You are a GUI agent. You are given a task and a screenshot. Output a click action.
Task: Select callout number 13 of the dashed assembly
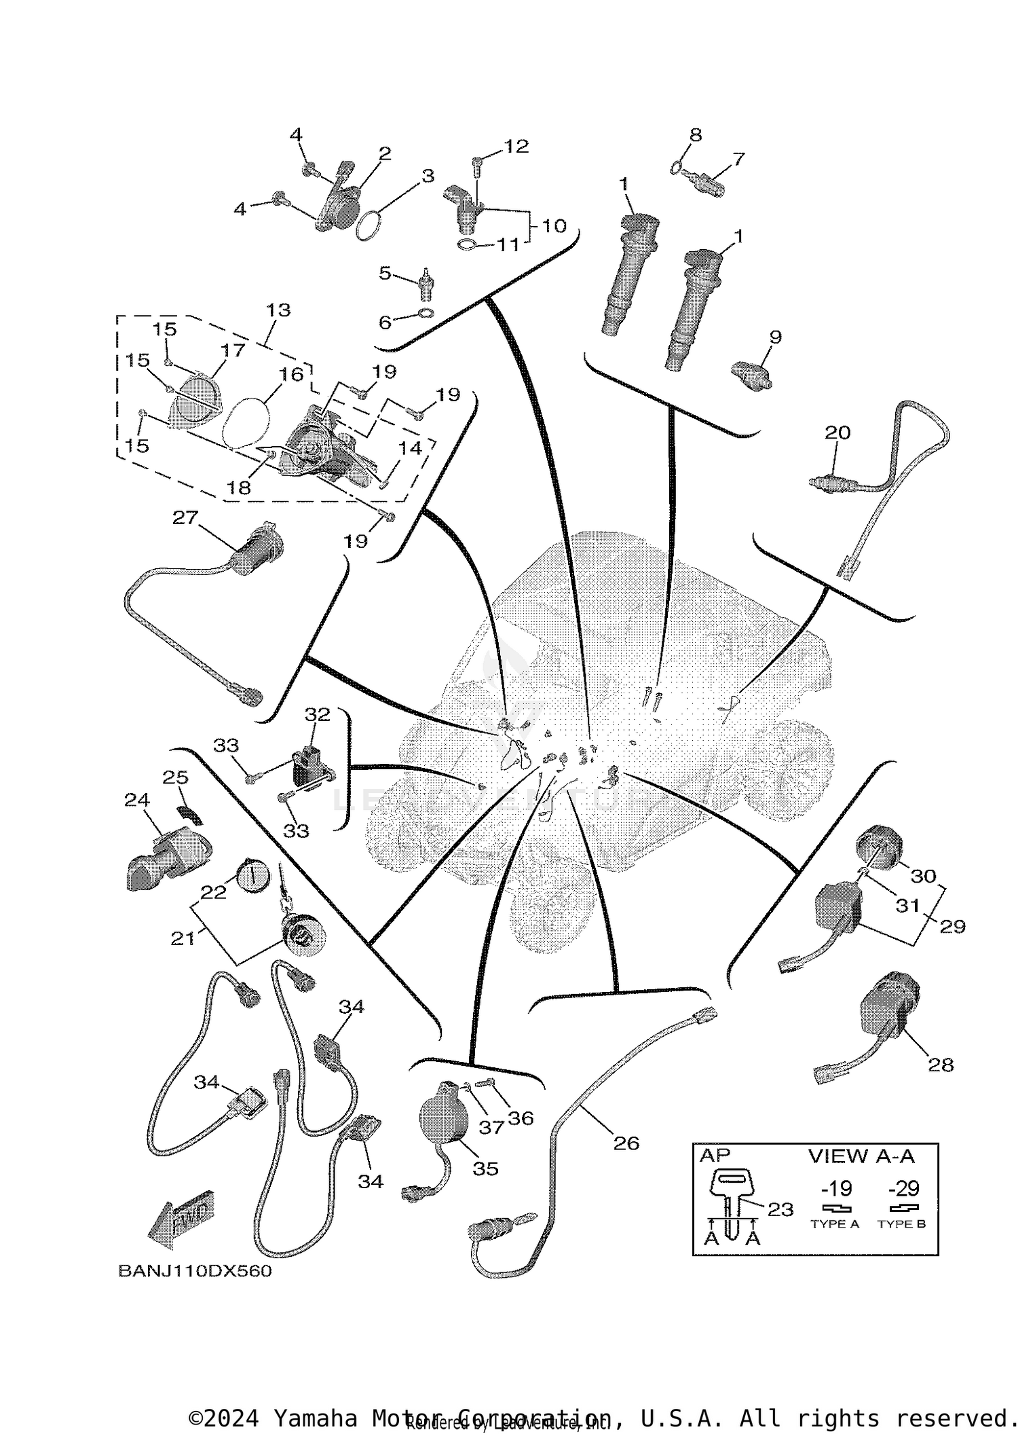pyautogui.click(x=278, y=310)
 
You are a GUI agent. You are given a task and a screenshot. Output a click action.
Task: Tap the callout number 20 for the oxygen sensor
pyautogui.click(x=837, y=432)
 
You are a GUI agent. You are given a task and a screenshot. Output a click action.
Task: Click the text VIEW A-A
pyautogui.click(x=861, y=1156)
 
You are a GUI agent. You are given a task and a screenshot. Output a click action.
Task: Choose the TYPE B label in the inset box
pyautogui.click(x=901, y=1224)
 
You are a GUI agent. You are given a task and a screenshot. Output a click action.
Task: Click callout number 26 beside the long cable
pyautogui.click(x=626, y=1143)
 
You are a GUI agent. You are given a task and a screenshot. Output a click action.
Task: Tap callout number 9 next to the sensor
pyautogui.click(x=775, y=337)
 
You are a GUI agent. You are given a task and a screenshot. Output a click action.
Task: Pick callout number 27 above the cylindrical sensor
pyautogui.click(x=185, y=518)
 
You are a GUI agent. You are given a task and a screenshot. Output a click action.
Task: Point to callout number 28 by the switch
pyautogui.click(x=941, y=1065)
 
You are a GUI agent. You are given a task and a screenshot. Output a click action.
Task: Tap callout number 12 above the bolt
pyautogui.click(x=516, y=147)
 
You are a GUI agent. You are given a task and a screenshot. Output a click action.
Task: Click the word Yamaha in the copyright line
pyautogui.click(x=315, y=1418)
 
